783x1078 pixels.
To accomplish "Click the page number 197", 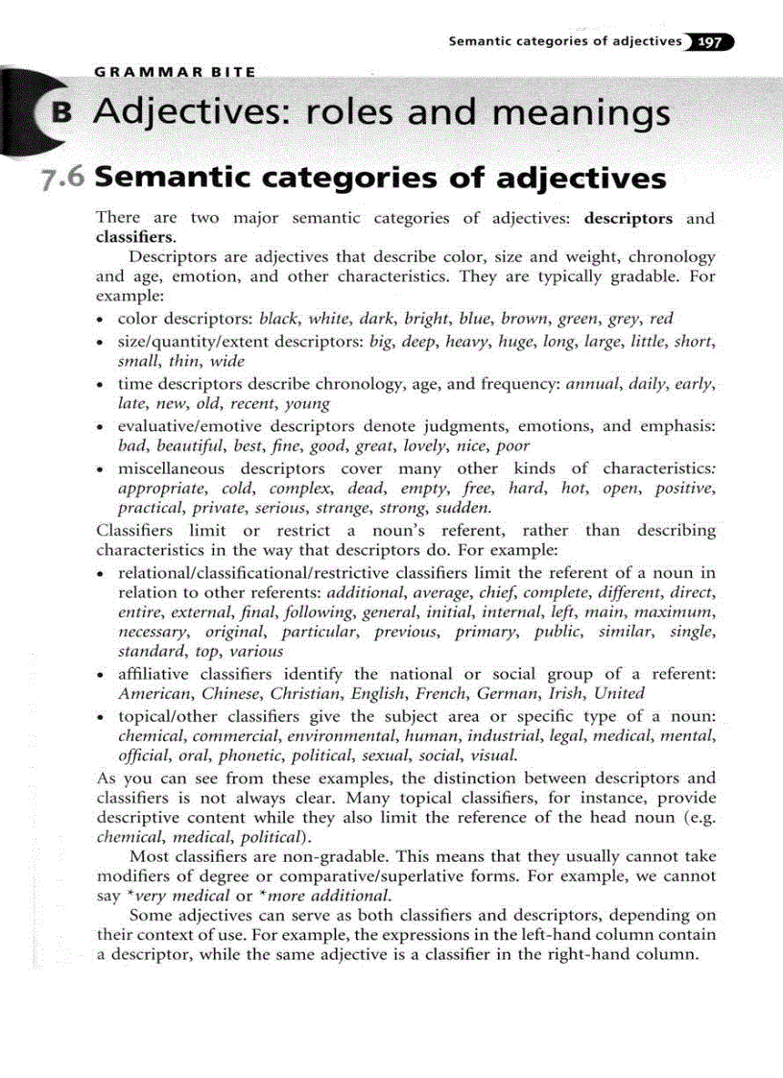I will point(711,42).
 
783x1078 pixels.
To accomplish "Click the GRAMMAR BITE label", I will point(175,72).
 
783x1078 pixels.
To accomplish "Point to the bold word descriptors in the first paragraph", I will point(629,219).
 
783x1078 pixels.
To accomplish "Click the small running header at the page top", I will point(566,42).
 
